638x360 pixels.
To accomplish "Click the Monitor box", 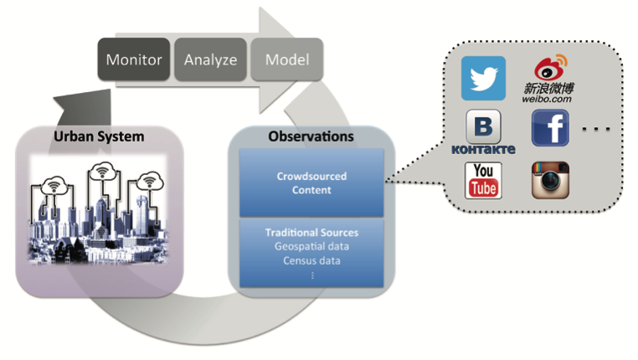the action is click(x=134, y=59).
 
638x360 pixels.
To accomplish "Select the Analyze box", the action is click(x=210, y=59).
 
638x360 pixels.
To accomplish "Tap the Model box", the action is click(x=287, y=59).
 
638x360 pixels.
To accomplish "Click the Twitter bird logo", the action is click(x=483, y=78).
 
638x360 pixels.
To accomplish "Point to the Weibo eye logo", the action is click(x=550, y=68).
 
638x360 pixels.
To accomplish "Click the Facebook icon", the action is click(x=550, y=128).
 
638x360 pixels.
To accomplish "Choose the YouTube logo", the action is click(x=483, y=181).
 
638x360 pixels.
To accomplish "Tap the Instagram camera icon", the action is click(x=550, y=180).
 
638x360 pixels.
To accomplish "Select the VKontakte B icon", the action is click(x=483, y=126).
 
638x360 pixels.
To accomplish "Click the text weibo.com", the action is click(x=547, y=99).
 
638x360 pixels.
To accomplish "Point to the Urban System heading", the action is click(x=99, y=136).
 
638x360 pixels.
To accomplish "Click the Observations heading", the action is click(x=311, y=136).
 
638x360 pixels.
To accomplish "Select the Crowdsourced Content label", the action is click(x=311, y=183).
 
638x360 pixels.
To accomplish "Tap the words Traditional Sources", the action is click(x=311, y=232).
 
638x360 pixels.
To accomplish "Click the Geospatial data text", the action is click(x=311, y=246).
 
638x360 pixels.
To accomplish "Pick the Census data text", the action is click(x=311, y=260).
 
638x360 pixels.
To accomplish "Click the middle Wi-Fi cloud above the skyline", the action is click(x=102, y=172).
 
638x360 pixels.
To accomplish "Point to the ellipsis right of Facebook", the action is click(x=595, y=129).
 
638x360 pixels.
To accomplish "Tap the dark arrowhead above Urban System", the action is click(x=85, y=107).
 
